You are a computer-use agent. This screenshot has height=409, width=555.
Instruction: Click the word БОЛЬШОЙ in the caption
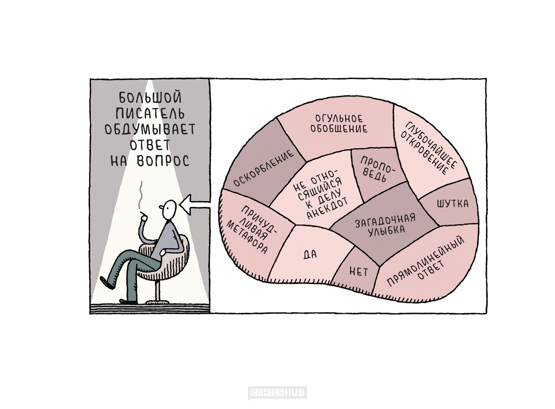(150, 98)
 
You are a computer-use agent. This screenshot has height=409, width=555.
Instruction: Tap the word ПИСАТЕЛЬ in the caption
(150, 114)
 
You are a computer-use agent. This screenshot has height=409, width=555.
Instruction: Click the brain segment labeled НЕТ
(359, 272)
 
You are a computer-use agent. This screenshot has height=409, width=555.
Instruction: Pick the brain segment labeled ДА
(310, 255)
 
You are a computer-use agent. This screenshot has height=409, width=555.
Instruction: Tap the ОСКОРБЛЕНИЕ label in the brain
(264, 168)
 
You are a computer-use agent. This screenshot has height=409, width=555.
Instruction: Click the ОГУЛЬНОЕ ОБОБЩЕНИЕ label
(339, 124)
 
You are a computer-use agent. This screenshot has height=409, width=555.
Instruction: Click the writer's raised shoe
(107, 283)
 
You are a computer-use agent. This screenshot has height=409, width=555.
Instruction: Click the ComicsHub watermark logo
(277, 393)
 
